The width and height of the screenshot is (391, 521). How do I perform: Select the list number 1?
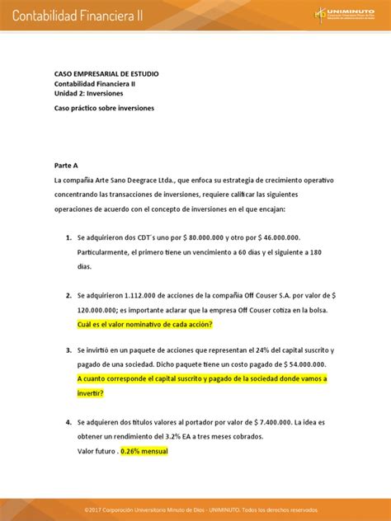(x=68, y=237)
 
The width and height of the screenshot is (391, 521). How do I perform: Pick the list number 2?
(x=68, y=295)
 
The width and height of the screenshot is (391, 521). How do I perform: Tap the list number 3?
(x=68, y=350)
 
